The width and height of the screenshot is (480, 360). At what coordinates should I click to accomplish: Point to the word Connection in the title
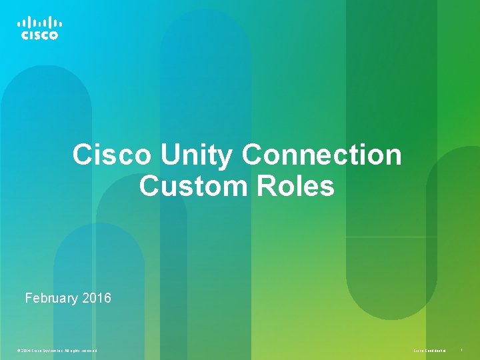(322, 155)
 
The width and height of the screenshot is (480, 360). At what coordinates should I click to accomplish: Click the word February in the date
(51, 298)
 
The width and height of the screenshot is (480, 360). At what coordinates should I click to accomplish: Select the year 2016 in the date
(97, 298)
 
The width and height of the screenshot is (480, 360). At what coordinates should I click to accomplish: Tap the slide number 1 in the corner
(461, 350)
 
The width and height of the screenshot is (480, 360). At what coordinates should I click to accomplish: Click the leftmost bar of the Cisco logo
(19, 24)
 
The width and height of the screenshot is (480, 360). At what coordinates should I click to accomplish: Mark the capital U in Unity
(169, 155)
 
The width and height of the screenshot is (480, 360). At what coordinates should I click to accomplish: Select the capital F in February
(29, 298)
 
